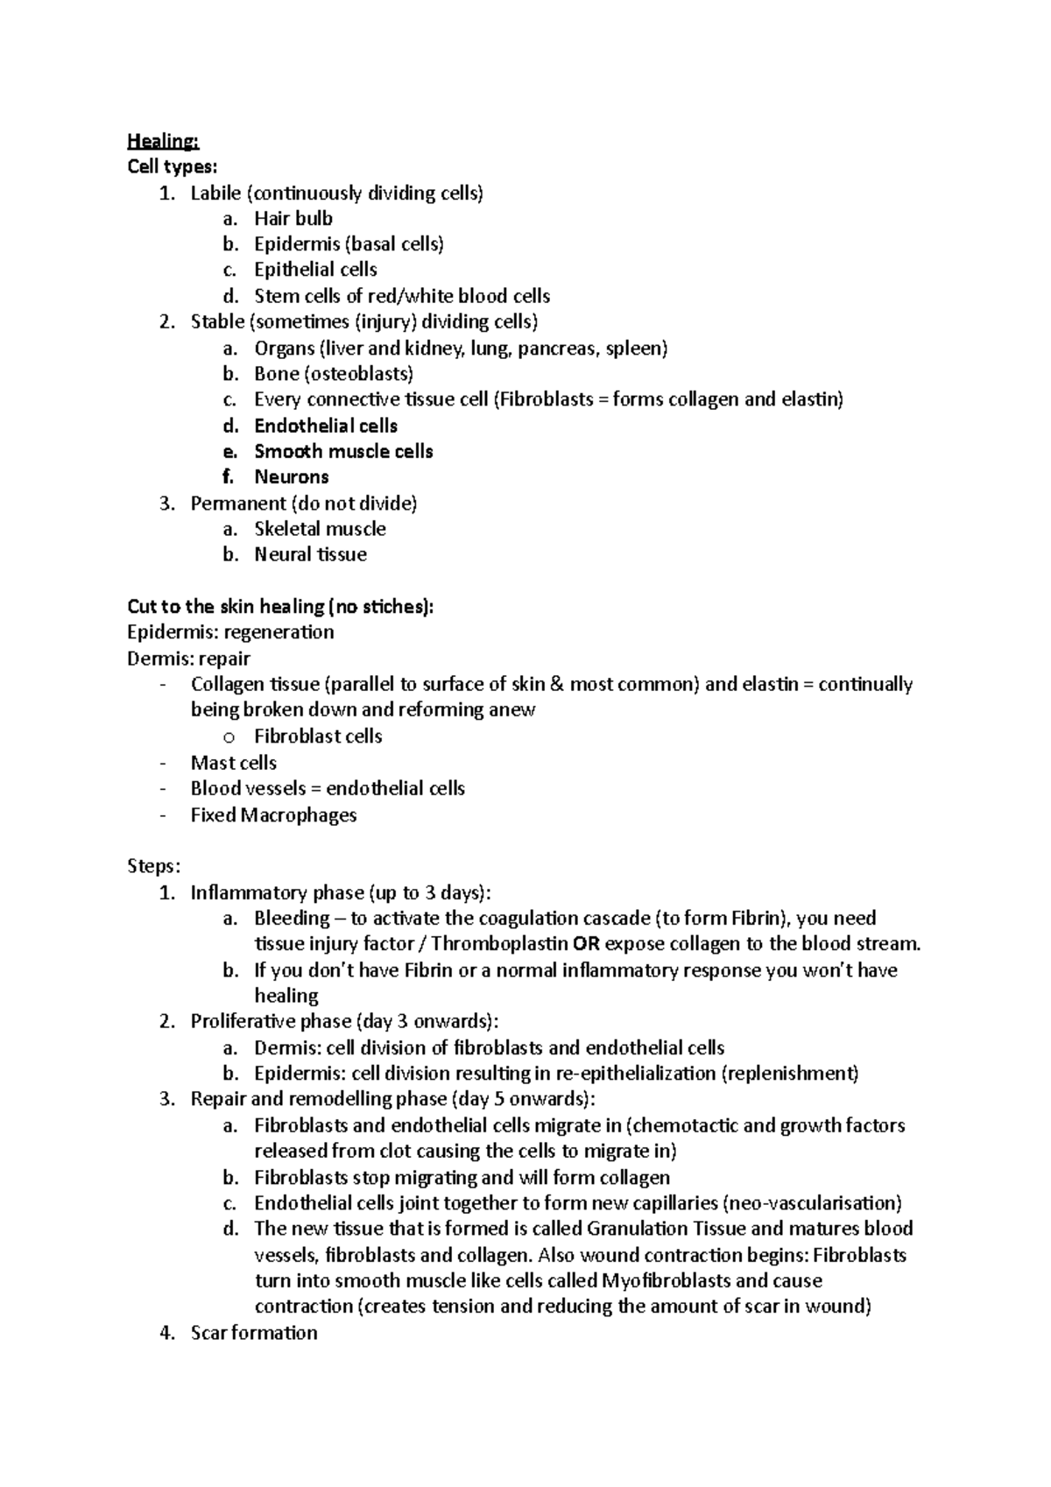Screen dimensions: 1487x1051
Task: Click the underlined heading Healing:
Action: [163, 141]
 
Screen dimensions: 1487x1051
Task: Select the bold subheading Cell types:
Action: [172, 166]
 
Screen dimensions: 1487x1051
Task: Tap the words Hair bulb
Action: [293, 218]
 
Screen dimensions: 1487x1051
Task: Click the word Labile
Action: [215, 193]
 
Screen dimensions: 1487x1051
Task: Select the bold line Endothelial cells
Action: [325, 426]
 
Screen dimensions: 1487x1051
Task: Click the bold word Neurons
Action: [291, 477]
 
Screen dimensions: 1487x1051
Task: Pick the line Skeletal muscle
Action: [319, 529]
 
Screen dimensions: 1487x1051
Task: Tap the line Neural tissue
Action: [310, 554]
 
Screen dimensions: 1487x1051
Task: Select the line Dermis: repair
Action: [188, 658]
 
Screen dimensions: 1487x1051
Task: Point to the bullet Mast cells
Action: [233, 763]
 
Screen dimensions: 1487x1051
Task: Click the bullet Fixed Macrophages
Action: [273, 814]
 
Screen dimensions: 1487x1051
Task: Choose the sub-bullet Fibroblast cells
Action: [318, 736]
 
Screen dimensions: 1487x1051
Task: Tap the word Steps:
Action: [153, 866]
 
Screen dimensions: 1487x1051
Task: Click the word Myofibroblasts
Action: [667, 1280]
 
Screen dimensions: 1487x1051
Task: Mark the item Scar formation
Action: [253, 1333]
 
